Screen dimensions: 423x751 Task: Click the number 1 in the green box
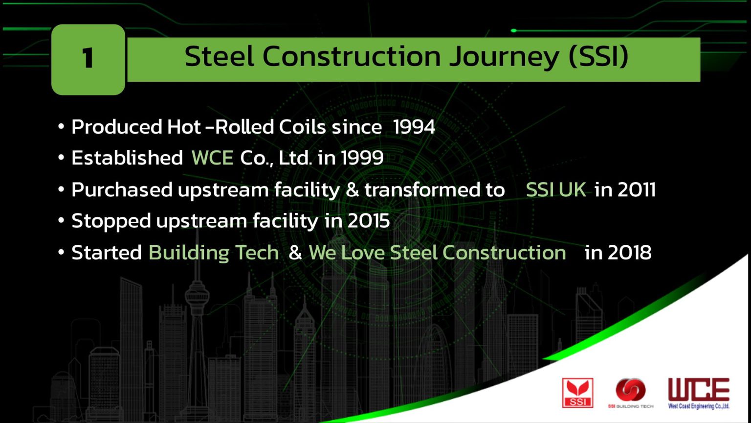(88, 59)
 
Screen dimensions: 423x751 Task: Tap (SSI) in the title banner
(598, 57)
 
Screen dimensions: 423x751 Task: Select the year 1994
(414, 127)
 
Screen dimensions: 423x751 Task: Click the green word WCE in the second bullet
(212, 158)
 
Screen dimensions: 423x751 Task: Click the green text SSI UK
(556, 190)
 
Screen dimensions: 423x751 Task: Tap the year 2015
(369, 221)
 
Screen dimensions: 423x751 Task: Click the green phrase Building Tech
(214, 253)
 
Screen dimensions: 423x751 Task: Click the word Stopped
(111, 221)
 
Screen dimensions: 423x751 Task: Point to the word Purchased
(122, 190)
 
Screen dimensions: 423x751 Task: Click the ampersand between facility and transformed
(352, 190)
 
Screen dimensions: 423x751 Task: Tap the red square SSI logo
(577, 393)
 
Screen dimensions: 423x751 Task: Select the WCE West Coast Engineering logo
(699, 393)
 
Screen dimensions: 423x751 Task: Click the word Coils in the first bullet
(302, 127)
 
